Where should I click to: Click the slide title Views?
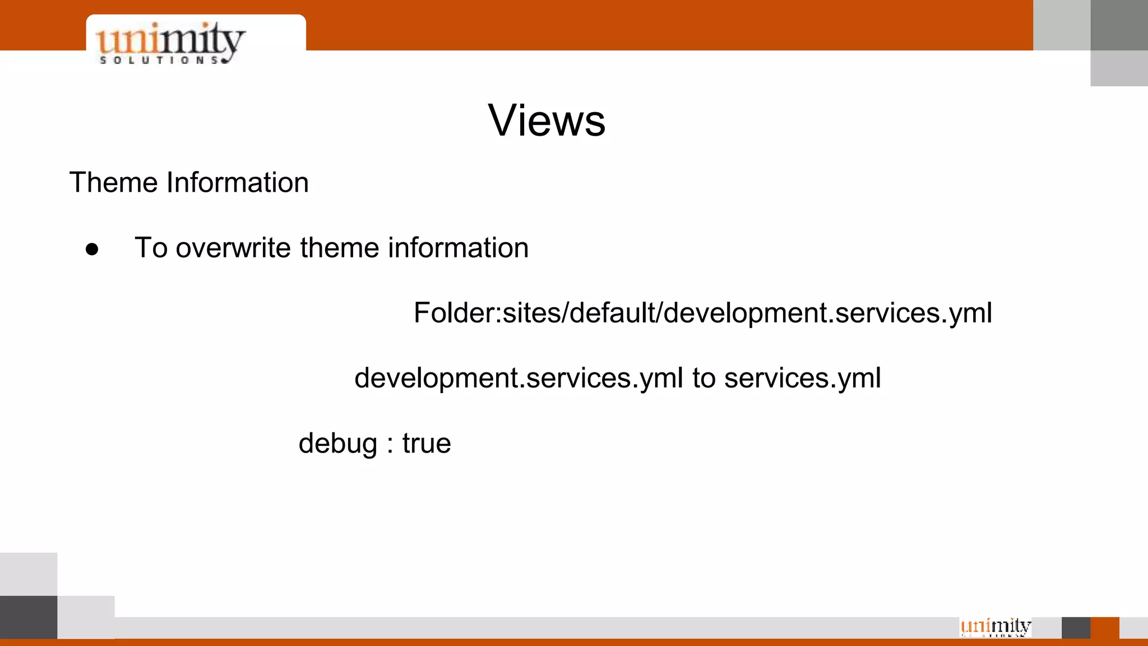click(547, 121)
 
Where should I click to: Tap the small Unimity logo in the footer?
click(996, 626)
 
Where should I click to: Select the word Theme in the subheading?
click(114, 183)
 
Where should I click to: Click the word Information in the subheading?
click(237, 183)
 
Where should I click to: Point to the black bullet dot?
click(92, 250)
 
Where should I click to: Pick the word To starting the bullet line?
click(151, 248)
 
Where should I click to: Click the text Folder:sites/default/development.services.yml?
click(702, 313)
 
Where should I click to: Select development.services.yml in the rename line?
click(519, 379)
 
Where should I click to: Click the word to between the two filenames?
click(703, 379)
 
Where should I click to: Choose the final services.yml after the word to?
click(802, 379)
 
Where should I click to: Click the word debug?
click(337, 444)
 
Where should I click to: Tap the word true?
click(427, 444)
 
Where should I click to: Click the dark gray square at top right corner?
click(1119, 25)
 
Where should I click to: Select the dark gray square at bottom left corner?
click(29, 617)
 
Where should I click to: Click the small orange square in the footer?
click(1105, 627)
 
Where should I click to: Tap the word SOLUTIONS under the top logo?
click(159, 60)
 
